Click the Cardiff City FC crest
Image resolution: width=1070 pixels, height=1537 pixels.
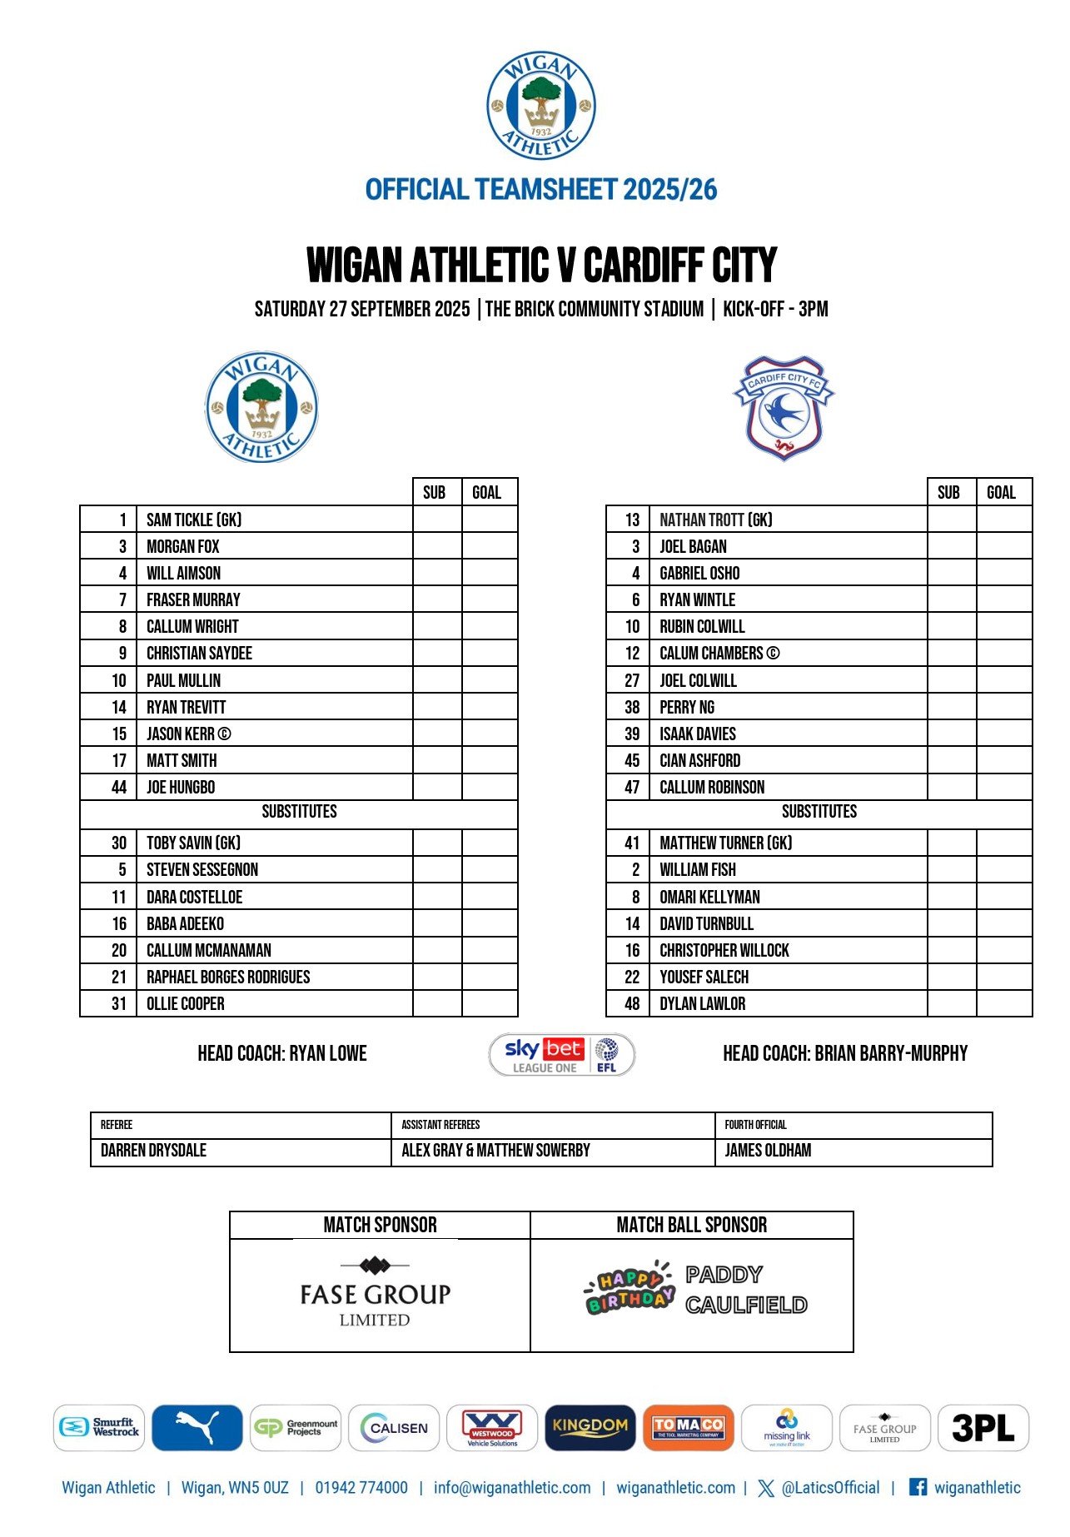click(x=783, y=408)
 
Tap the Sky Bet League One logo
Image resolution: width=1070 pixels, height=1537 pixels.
click(x=561, y=1055)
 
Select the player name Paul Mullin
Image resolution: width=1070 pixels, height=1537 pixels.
click(x=184, y=680)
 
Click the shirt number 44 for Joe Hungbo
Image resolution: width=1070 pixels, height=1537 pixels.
click(x=119, y=787)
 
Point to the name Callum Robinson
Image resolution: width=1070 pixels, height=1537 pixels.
click(x=712, y=787)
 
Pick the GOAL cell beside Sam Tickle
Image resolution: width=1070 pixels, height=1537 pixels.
click(x=490, y=520)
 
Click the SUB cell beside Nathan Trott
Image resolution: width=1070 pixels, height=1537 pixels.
click(x=951, y=520)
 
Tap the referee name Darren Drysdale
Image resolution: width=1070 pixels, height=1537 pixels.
click(x=153, y=1151)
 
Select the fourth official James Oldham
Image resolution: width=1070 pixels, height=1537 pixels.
click(x=768, y=1151)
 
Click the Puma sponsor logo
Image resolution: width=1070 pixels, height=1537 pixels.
click(x=197, y=1428)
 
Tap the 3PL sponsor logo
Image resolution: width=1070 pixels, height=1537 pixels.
click(x=983, y=1428)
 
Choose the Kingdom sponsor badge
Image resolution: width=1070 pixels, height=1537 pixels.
click(x=590, y=1428)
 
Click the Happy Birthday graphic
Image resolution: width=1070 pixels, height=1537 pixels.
click(x=630, y=1289)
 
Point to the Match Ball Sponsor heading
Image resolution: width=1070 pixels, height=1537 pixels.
click(x=692, y=1225)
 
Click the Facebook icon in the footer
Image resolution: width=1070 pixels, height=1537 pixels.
click(x=918, y=1487)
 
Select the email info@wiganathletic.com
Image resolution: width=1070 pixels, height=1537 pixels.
click(x=512, y=1488)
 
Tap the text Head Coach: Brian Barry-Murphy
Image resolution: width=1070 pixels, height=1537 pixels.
click(x=845, y=1054)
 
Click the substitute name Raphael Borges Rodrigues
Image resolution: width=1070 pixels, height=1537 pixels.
click(x=228, y=977)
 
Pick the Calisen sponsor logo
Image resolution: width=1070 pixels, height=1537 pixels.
click(x=394, y=1428)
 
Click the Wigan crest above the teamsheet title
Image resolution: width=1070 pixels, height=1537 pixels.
click(x=541, y=106)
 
